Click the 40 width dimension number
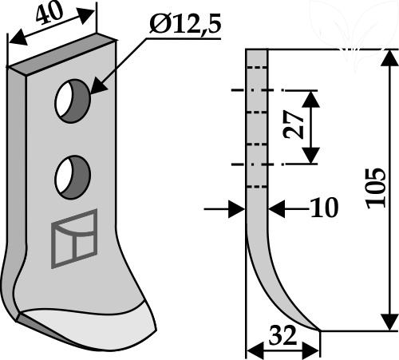tap(49, 13)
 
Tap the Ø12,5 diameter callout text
tap(185, 25)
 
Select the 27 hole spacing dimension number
tap(294, 125)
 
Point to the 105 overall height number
tap(376, 188)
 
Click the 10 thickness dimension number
tap(325, 208)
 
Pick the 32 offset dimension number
tap(282, 335)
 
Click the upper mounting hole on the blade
tap(73, 101)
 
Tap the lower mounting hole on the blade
tap(73, 177)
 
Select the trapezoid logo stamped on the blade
tap(74, 239)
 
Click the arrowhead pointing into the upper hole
tap(99, 85)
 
